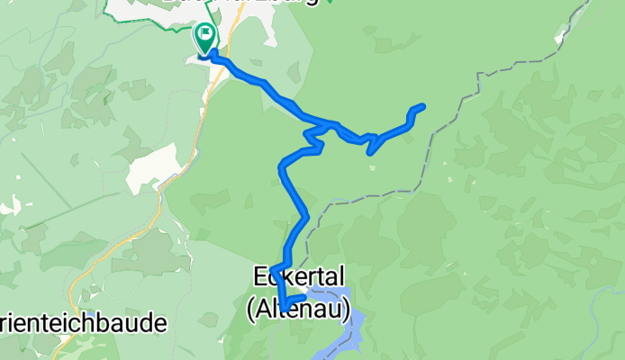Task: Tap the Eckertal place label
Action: click(297, 274)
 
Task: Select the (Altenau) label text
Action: click(297, 308)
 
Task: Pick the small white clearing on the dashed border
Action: click(565, 38)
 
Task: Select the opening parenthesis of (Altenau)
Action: click(250, 309)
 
